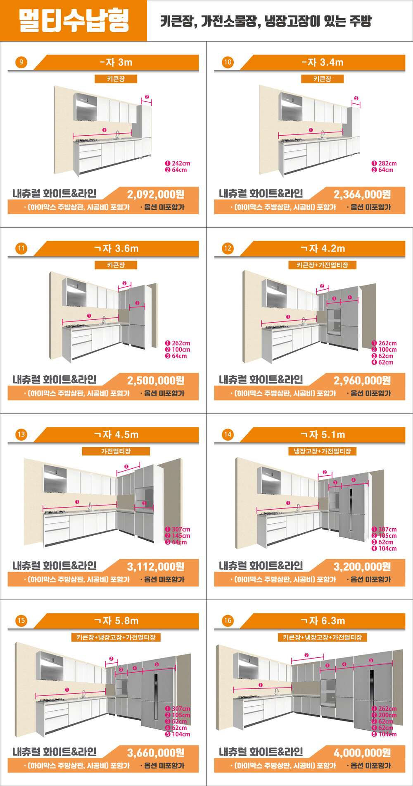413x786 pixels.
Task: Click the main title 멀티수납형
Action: (x=74, y=21)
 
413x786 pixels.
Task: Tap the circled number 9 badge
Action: (x=21, y=62)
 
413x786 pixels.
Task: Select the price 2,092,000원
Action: (x=156, y=194)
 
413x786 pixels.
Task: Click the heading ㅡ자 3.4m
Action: (x=322, y=62)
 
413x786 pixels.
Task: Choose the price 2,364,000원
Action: (x=362, y=194)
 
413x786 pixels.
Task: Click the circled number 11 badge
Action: (x=21, y=249)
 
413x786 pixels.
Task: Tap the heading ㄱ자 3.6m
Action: (x=116, y=249)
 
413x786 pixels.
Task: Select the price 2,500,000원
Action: (x=156, y=381)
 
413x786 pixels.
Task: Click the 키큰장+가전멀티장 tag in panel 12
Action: (x=322, y=265)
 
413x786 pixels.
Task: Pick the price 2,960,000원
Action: (x=362, y=381)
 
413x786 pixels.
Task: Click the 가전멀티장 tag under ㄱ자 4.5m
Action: (x=116, y=451)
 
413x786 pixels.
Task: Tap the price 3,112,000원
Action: (x=156, y=567)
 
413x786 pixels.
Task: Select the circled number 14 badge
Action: (x=228, y=435)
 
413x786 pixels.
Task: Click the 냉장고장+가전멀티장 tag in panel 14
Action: (x=322, y=451)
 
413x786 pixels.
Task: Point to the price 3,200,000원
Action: (x=362, y=567)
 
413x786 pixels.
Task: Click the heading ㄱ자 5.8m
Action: (x=116, y=621)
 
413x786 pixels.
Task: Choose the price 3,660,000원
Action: (x=156, y=753)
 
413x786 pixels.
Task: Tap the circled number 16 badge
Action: (x=228, y=621)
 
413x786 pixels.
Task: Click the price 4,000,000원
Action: (x=362, y=753)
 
